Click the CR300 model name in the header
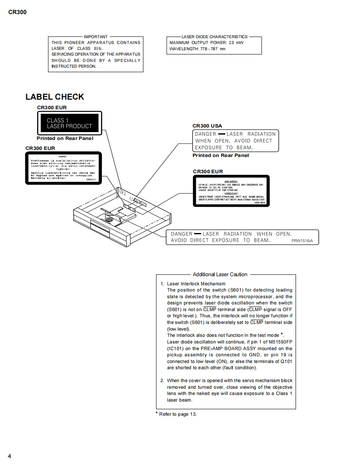[x=17, y=12]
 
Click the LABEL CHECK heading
[x=54, y=97]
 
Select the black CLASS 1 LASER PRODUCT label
[x=69, y=123]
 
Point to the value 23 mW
[x=237, y=43]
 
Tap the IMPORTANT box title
[x=96, y=37]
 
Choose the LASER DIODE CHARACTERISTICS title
[x=214, y=37]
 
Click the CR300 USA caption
[x=207, y=126]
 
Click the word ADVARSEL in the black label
[x=231, y=181]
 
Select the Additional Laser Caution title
[x=220, y=275]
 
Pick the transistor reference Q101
[x=286, y=361]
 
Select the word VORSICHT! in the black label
[x=231, y=194]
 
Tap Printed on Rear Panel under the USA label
[x=220, y=155]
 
